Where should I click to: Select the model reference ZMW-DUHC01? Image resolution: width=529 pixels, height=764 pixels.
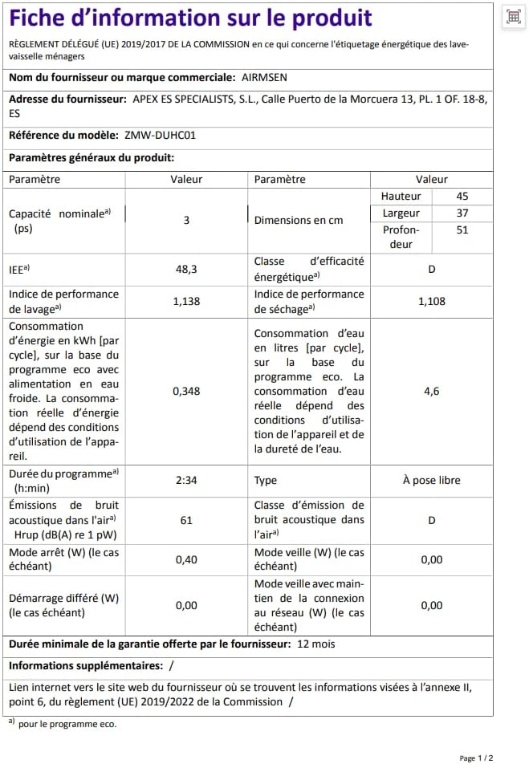[160, 135]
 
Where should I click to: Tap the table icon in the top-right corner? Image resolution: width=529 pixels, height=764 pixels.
[513, 17]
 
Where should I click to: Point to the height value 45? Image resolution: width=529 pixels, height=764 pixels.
[462, 196]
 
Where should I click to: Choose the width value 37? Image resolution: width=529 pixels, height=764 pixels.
[462, 213]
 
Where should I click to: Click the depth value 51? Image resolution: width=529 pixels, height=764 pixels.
[462, 230]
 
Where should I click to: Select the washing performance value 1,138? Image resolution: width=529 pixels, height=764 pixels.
[186, 301]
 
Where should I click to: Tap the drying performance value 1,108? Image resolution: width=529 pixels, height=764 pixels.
[431, 301]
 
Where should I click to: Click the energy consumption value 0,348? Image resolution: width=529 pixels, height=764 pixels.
[186, 391]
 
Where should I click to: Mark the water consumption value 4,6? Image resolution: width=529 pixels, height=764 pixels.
[431, 391]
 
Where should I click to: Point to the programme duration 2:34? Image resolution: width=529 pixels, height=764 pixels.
[186, 480]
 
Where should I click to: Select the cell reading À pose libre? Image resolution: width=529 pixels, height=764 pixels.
[431, 480]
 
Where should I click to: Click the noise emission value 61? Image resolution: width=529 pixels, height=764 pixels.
[186, 520]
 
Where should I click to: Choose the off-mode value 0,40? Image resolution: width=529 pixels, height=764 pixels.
[186, 559]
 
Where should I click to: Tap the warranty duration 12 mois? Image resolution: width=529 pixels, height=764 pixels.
[316, 644]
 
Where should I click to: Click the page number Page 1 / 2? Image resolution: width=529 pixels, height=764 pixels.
[476, 757]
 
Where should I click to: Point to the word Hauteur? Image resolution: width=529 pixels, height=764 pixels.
[401, 196]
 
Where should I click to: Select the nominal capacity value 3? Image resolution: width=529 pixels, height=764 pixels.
[186, 219]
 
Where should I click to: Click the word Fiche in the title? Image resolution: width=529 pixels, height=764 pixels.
[41, 18]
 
